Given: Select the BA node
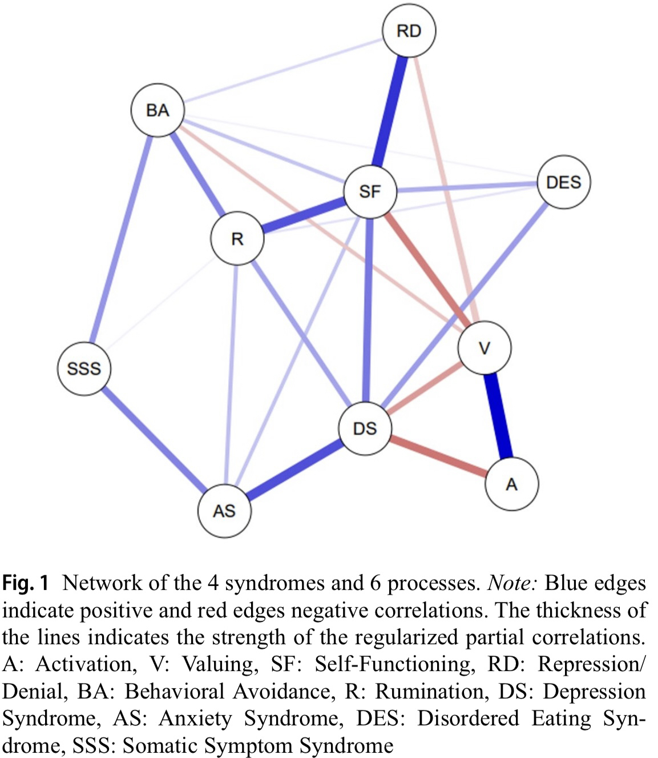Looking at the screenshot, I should pos(158,110).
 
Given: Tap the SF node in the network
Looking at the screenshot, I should pos(370,191).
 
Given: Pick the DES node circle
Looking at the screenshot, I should pos(563,182).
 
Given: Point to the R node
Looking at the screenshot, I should pos(237,239).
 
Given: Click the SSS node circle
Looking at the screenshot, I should pos(84,368).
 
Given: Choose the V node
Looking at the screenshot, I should pos(485,348).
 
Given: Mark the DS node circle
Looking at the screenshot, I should pos(365,428).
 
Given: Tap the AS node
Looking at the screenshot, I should pos(224,510).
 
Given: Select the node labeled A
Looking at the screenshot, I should pos(511,484).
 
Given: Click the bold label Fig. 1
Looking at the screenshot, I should pos(26,583).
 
